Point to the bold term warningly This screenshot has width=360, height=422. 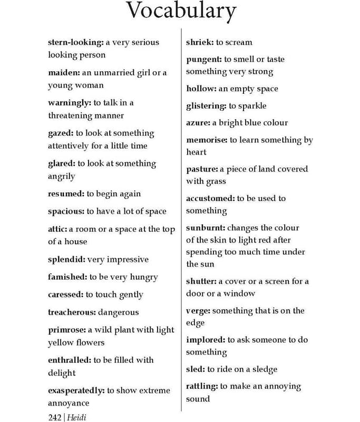(x=69, y=103)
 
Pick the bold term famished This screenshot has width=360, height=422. (x=67, y=277)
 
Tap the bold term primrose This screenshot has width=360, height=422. (x=67, y=330)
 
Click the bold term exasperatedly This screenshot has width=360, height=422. (x=76, y=390)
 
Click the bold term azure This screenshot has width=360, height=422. (x=198, y=123)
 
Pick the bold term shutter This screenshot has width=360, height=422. (x=201, y=281)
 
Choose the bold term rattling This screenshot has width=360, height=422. (x=203, y=386)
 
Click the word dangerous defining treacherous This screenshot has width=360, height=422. (x=121, y=312)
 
